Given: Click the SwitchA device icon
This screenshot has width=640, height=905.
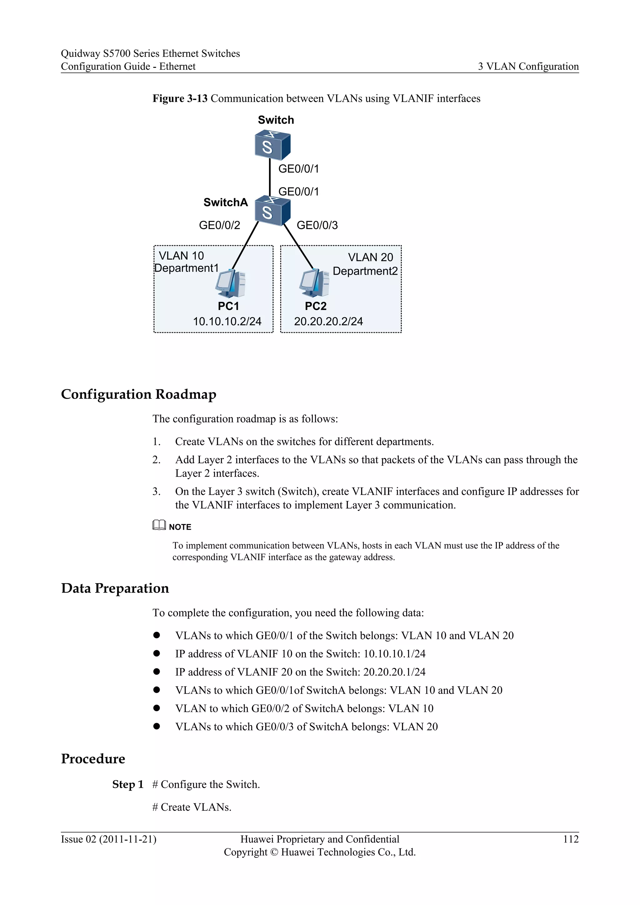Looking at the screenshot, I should pyautogui.click(x=272, y=211).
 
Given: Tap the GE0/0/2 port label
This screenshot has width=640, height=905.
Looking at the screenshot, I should pyautogui.click(x=219, y=225).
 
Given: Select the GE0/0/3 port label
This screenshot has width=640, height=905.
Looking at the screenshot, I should pyautogui.click(x=317, y=225).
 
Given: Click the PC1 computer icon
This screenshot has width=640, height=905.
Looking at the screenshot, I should pyautogui.click(x=231, y=283).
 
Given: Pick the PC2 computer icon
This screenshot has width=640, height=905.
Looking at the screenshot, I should pyautogui.click(x=314, y=283).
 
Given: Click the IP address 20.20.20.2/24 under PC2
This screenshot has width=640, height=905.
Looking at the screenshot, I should pyautogui.click(x=328, y=321).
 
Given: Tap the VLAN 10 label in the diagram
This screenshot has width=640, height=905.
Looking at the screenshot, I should pyautogui.click(x=181, y=256).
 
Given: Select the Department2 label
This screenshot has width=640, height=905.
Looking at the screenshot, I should pyautogui.click(x=365, y=271).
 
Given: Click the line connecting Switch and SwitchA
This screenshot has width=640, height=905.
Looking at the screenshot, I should pyautogui.click(x=270, y=177).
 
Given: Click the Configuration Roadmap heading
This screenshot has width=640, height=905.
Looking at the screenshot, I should pyautogui.click(x=138, y=394).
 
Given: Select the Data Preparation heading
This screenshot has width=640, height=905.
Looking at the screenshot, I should pyautogui.click(x=115, y=588).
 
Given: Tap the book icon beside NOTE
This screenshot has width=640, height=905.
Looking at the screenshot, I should pyautogui.click(x=159, y=525).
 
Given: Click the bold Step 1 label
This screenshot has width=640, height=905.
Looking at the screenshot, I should pyautogui.click(x=128, y=784).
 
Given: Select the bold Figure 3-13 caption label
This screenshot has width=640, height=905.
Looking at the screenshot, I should pyautogui.click(x=180, y=98).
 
